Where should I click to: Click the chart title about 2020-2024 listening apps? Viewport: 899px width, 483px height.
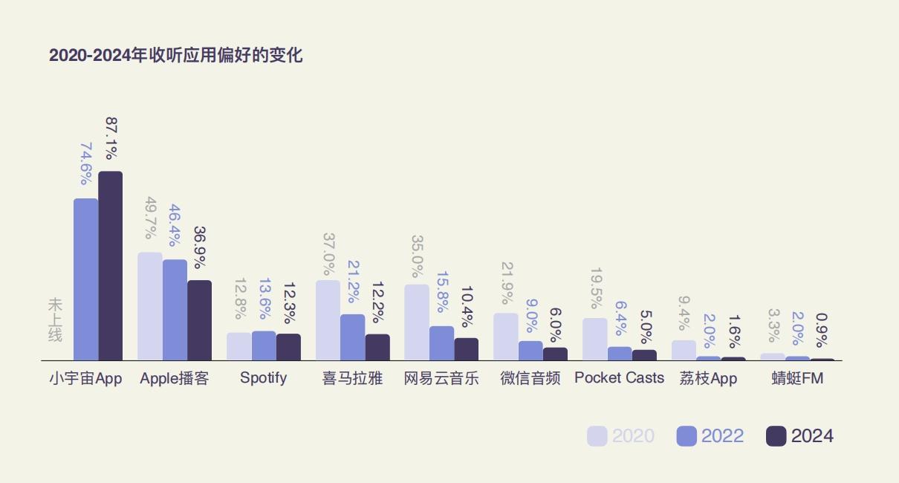click(x=175, y=56)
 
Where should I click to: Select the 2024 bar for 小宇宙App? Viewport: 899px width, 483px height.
click(x=111, y=266)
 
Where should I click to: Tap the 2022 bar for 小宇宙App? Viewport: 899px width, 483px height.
click(x=85, y=279)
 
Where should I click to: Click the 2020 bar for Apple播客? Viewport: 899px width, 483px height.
click(x=150, y=306)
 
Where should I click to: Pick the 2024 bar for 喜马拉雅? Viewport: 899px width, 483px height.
click(x=377, y=347)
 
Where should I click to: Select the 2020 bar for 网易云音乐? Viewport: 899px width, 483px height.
click(x=417, y=322)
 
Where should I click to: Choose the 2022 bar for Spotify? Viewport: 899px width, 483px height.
click(x=264, y=346)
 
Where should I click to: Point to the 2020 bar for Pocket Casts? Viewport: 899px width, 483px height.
click(x=594, y=339)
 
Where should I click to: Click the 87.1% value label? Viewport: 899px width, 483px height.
click(x=111, y=138)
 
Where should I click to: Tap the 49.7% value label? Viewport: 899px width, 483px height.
click(x=150, y=218)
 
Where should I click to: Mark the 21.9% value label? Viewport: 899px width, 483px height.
click(x=507, y=282)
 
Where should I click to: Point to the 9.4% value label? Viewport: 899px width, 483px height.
click(x=684, y=313)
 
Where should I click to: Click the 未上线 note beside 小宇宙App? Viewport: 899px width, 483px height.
click(x=55, y=320)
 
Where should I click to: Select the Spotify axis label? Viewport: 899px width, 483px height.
click(x=263, y=377)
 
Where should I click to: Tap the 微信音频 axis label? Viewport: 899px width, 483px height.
click(x=530, y=377)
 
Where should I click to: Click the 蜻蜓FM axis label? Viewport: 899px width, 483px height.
click(x=797, y=377)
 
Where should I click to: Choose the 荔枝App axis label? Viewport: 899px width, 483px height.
click(x=708, y=377)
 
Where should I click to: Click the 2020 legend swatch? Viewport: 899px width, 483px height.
click(x=597, y=436)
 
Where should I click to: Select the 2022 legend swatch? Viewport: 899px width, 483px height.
click(x=687, y=436)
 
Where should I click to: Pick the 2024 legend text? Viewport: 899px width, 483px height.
click(x=812, y=436)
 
